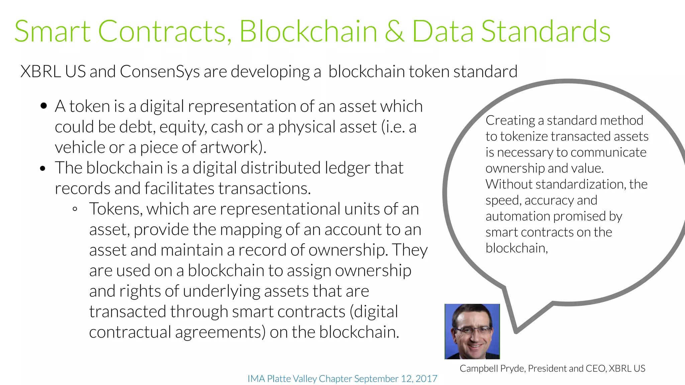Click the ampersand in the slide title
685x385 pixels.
394,31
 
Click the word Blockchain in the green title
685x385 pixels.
308,31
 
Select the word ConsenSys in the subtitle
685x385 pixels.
160,72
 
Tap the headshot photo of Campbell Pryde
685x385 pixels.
472,331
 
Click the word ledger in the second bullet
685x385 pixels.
348,168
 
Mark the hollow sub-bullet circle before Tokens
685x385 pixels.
75,209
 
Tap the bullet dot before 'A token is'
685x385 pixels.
43,106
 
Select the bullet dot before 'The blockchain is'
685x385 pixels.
42,168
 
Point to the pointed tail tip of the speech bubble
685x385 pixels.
516,332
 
